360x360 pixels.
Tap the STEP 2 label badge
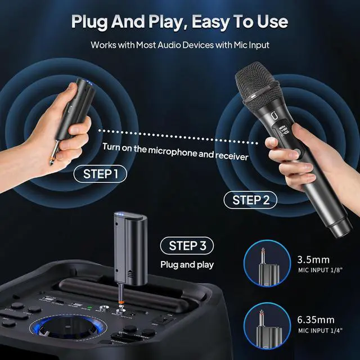(x=251, y=200)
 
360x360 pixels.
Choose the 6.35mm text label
(x=316, y=320)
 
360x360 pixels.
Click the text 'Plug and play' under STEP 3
(x=187, y=264)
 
